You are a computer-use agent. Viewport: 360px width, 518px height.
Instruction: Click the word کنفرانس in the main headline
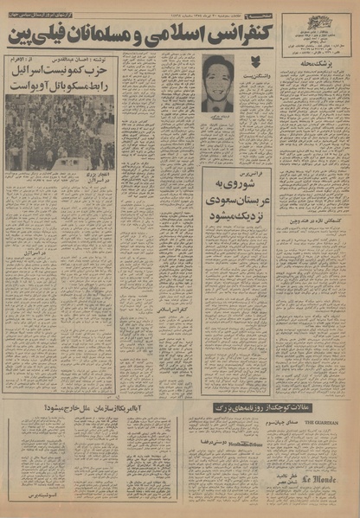(x=246, y=36)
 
